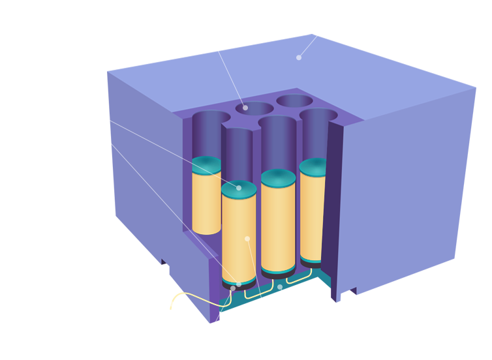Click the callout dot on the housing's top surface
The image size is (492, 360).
point(299,57)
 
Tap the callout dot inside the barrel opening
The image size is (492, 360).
point(245,108)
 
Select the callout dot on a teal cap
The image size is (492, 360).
point(239,188)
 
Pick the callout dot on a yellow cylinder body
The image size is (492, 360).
point(247,239)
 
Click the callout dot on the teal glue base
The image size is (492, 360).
point(280,287)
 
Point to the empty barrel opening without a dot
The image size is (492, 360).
point(296,100)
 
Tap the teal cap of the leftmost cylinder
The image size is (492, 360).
point(207,164)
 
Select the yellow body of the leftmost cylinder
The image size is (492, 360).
point(206,202)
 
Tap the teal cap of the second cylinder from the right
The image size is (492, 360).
point(278,178)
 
